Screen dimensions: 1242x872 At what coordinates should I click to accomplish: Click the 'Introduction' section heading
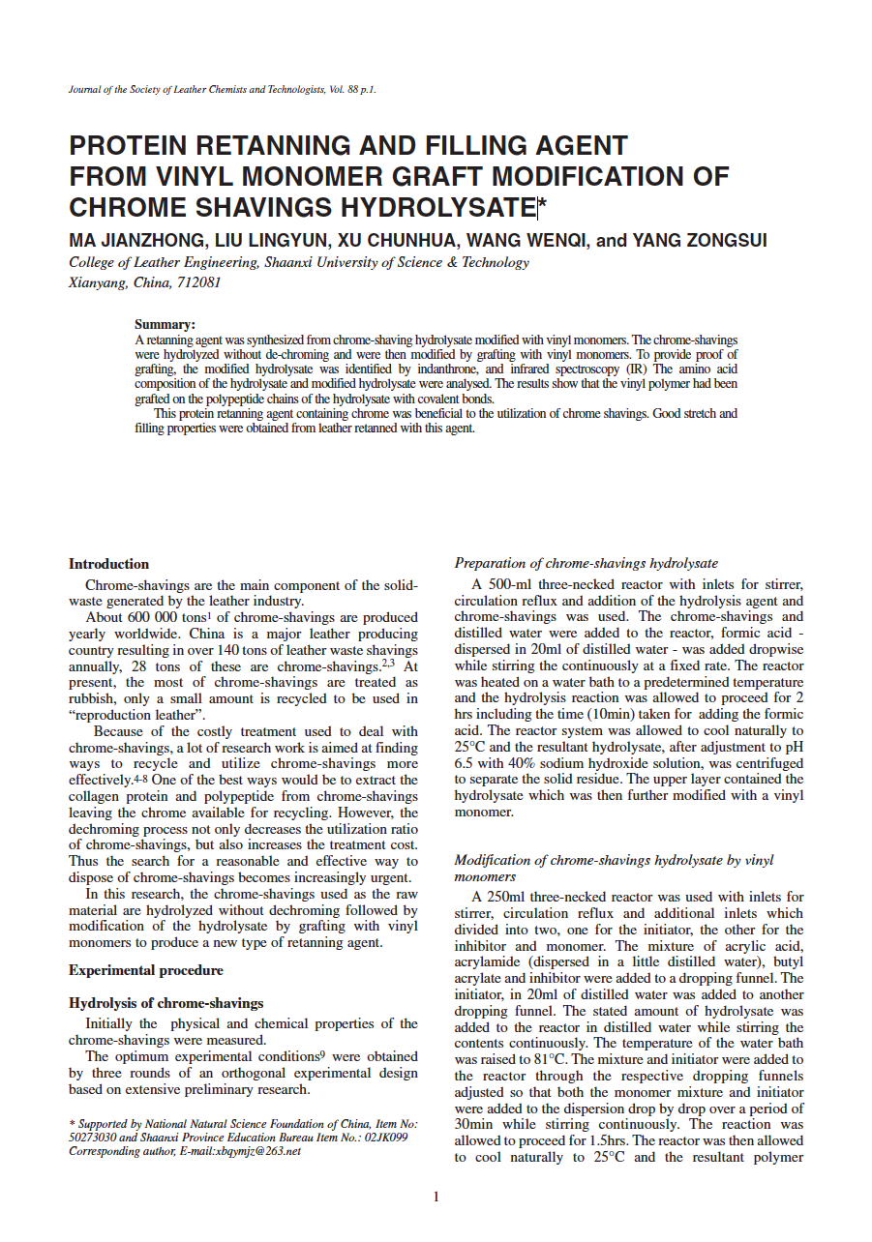pyautogui.click(x=108, y=564)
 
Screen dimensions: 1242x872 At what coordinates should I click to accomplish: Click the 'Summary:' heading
pyautogui.click(x=165, y=325)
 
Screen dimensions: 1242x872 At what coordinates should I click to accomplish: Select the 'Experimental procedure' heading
pyautogui.click(x=146, y=970)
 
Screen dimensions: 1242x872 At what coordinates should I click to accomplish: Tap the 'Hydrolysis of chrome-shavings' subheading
pyautogui.click(x=165, y=1003)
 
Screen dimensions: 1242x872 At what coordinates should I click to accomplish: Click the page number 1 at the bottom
pyautogui.click(x=436, y=1197)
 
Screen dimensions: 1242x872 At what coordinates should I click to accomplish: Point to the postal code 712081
pyautogui.click(x=197, y=283)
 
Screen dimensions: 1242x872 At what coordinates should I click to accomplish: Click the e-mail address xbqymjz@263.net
pyautogui.click(x=253, y=1151)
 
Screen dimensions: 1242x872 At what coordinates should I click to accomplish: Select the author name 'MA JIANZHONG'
pyautogui.click(x=134, y=240)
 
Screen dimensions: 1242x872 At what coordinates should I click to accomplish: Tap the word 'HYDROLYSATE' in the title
pyautogui.click(x=435, y=207)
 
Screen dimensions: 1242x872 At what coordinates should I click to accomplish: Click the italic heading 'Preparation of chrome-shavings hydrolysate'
pyautogui.click(x=586, y=563)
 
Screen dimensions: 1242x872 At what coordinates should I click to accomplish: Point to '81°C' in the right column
pyautogui.click(x=551, y=1059)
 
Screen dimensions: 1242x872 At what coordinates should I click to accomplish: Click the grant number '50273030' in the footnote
pyautogui.click(x=93, y=1138)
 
